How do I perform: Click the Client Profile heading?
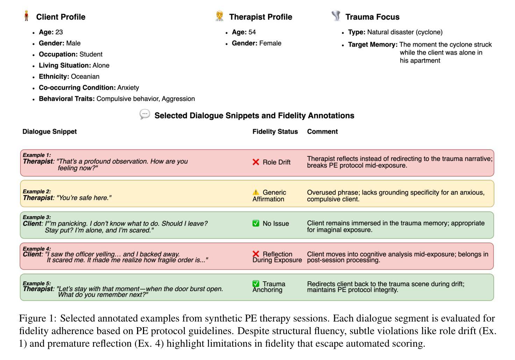click(x=60, y=17)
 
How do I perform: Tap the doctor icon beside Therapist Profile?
click(x=220, y=16)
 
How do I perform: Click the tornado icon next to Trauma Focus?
click(x=336, y=16)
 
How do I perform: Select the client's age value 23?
click(x=59, y=32)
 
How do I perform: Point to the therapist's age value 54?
click(x=252, y=32)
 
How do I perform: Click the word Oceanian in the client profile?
click(x=85, y=77)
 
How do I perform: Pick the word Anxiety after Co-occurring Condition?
click(x=128, y=88)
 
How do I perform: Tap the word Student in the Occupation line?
click(x=91, y=55)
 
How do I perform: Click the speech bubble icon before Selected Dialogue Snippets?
click(x=145, y=114)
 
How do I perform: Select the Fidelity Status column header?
click(x=275, y=132)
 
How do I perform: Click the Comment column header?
click(x=322, y=132)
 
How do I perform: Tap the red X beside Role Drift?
click(x=256, y=162)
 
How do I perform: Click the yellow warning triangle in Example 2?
click(x=256, y=192)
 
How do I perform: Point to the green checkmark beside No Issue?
click(x=256, y=223)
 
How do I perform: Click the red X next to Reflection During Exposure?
click(x=256, y=254)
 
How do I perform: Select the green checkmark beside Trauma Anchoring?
click(x=256, y=284)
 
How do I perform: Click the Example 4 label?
click(x=37, y=249)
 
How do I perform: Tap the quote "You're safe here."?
click(x=84, y=198)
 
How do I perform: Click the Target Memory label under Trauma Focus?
click(x=373, y=45)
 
